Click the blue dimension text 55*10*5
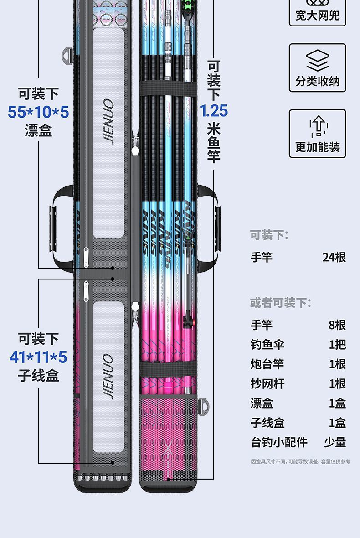(38, 112)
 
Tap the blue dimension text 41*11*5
(38, 357)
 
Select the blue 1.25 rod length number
(213, 111)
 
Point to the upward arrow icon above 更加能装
(318, 126)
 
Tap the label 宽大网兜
(317, 16)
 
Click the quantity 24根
(334, 257)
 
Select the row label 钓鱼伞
(267, 344)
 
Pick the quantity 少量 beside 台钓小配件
(334, 442)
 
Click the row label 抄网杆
(267, 383)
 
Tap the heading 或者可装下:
(280, 302)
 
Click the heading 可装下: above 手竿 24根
(269, 235)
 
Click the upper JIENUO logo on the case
(108, 121)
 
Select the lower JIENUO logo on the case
(108, 377)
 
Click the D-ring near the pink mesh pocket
(203, 404)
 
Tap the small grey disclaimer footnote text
(300, 461)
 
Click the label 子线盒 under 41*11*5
(38, 376)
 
